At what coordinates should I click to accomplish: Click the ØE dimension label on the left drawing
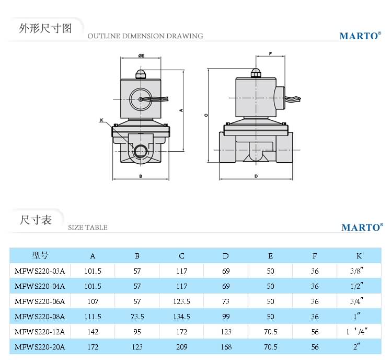141,55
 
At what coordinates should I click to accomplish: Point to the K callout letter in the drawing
101,120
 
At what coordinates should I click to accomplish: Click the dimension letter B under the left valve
141,176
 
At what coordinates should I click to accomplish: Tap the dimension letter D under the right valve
256,176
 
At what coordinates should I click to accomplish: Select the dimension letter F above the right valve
270,54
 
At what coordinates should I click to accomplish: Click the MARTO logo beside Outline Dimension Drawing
359,36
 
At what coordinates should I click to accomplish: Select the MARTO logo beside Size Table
362,228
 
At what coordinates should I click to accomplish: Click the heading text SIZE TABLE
88,228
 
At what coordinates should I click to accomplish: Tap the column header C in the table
181,256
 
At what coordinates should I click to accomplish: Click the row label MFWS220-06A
40,301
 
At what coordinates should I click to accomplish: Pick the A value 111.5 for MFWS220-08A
93,317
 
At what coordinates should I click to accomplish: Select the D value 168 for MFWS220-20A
226,347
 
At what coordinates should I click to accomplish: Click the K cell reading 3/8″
358,271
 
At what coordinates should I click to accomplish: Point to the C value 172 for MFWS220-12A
181,332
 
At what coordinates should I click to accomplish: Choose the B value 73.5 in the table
137,317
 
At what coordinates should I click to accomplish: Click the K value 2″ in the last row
358,347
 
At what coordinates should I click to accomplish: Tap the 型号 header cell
40,256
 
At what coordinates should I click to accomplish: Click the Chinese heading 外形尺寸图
44,28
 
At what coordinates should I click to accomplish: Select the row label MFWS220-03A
40,271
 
